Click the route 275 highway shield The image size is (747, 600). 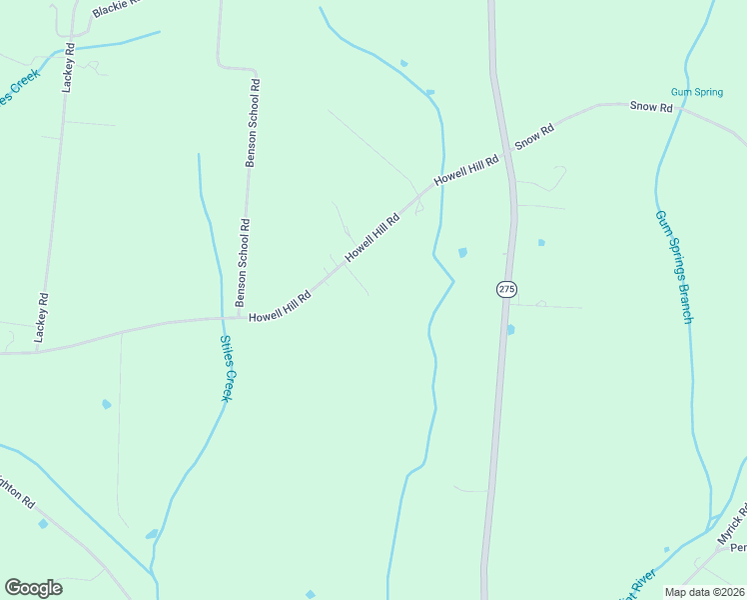[506, 289]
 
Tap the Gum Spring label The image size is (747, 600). [696, 92]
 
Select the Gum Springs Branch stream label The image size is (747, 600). [673, 266]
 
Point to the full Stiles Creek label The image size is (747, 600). [227, 367]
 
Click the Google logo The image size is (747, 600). [33, 588]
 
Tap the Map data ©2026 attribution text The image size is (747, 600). [705, 592]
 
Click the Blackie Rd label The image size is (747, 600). [116, 8]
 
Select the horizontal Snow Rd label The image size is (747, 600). [651, 106]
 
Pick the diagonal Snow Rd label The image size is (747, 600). [534, 137]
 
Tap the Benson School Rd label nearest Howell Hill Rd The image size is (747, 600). [241, 262]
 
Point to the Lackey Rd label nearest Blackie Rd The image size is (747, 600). [69, 68]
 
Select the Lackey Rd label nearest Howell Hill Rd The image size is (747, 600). [42, 318]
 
